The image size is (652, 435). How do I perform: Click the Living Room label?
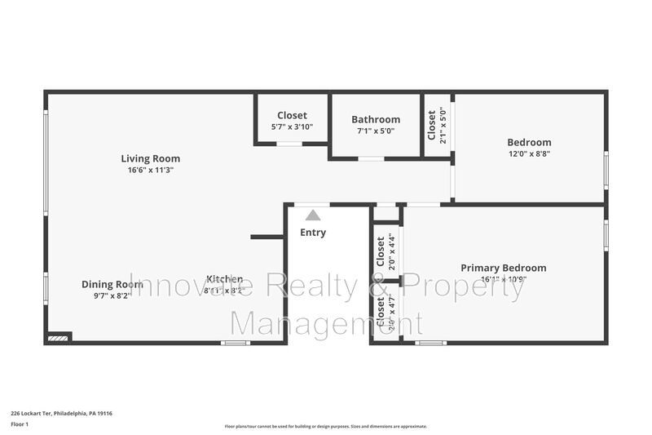click(150, 158)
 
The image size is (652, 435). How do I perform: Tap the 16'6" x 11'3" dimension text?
click(150, 170)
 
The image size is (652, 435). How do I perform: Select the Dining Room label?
click(106, 284)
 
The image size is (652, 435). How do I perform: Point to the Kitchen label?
click(224, 278)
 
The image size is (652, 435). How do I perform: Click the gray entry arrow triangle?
click(312, 215)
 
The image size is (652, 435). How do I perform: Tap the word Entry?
click(312, 233)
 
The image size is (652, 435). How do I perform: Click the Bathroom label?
click(376, 119)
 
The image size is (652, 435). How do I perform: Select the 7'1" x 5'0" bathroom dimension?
click(376, 131)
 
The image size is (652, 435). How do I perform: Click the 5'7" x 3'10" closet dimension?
click(292, 127)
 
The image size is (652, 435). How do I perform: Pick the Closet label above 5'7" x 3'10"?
click(292, 115)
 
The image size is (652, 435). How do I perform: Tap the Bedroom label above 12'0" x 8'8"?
click(529, 142)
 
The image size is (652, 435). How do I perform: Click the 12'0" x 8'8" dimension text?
click(529, 153)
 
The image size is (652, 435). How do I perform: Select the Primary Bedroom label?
click(503, 268)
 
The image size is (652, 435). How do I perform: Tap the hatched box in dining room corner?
click(59, 336)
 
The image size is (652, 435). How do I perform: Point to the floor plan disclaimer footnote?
click(325, 426)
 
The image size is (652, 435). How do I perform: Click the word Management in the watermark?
click(325, 323)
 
